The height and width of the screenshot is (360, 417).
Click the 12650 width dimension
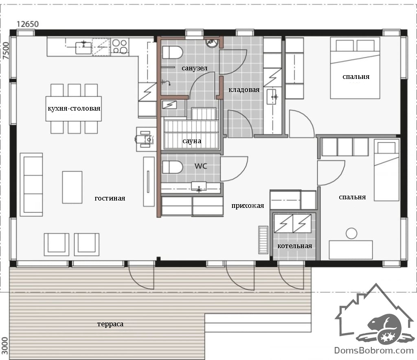tap(28, 24)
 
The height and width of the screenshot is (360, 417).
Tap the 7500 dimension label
tap(6, 50)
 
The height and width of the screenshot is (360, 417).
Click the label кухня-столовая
tap(74, 108)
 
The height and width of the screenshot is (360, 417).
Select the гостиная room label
tap(110, 198)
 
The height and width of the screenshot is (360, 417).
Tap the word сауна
tap(192, 141)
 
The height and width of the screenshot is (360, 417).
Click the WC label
tap(200, 166)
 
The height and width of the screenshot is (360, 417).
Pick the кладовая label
tap(244, 90)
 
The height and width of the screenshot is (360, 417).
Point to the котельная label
tap(295, 246)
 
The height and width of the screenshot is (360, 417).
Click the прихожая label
tap(248, 206)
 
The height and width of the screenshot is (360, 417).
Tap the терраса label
tap(110, 324)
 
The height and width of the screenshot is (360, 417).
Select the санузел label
tap(194, 68)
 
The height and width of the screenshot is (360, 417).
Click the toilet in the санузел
tap(172, 52)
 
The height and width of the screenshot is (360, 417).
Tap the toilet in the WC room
tap(172, 167)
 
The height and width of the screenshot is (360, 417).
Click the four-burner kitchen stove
tap(120, 46)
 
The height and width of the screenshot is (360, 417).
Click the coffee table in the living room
tap(72, 187)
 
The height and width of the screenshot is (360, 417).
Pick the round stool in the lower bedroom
tap(351, 233)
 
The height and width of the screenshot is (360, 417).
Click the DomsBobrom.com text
tap(374, 350)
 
